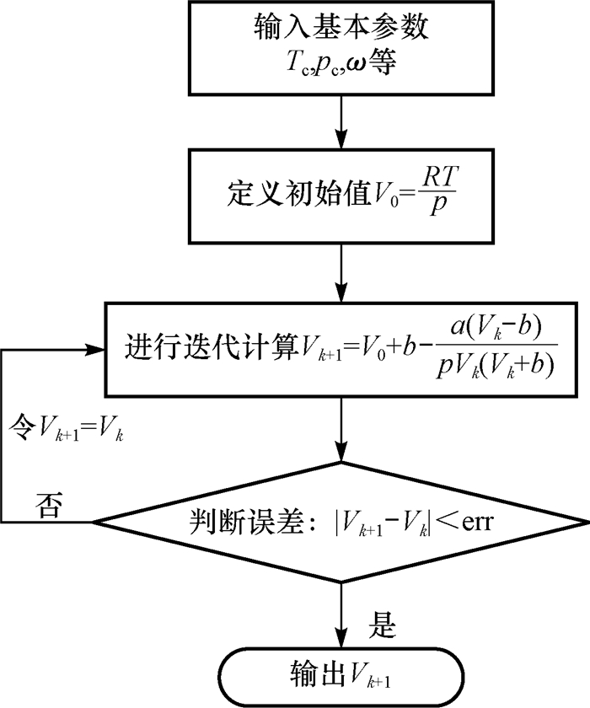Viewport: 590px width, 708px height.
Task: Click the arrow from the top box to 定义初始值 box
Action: [341, 121]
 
